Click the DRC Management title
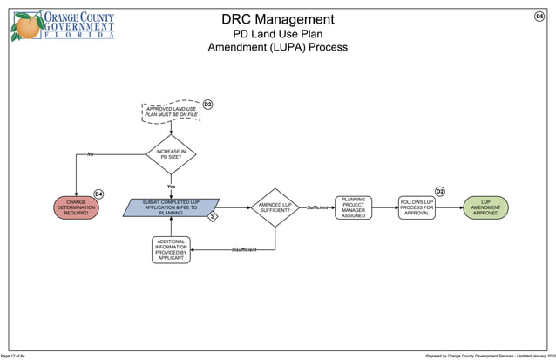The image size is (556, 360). tap(277, 19)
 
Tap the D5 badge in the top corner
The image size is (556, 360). tap(539, 17)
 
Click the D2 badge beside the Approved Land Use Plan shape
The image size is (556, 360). tap(207, 105)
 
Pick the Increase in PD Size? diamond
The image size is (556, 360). tap(170, 154)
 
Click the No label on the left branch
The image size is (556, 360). tap(90, 154)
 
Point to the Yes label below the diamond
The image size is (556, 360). tap(171, 187)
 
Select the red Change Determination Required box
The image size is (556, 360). tap(76, 207)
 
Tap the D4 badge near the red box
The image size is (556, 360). tap(98, 194)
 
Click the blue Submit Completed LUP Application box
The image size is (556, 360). tap(170, 207)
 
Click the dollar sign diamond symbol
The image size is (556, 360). tap(212, 216)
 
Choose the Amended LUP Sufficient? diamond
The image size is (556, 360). tap(275, 207)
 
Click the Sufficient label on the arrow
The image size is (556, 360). tap(317, 207)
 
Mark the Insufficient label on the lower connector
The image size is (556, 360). tap(244, 251)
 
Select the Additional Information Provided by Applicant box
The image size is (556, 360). tap(171, 250)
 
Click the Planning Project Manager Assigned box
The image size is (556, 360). tap(353, 207)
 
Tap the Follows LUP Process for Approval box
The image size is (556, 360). tap(417, 207)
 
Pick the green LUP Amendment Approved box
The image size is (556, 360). tap(485, 207)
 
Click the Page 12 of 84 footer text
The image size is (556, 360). tap(18, 355)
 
